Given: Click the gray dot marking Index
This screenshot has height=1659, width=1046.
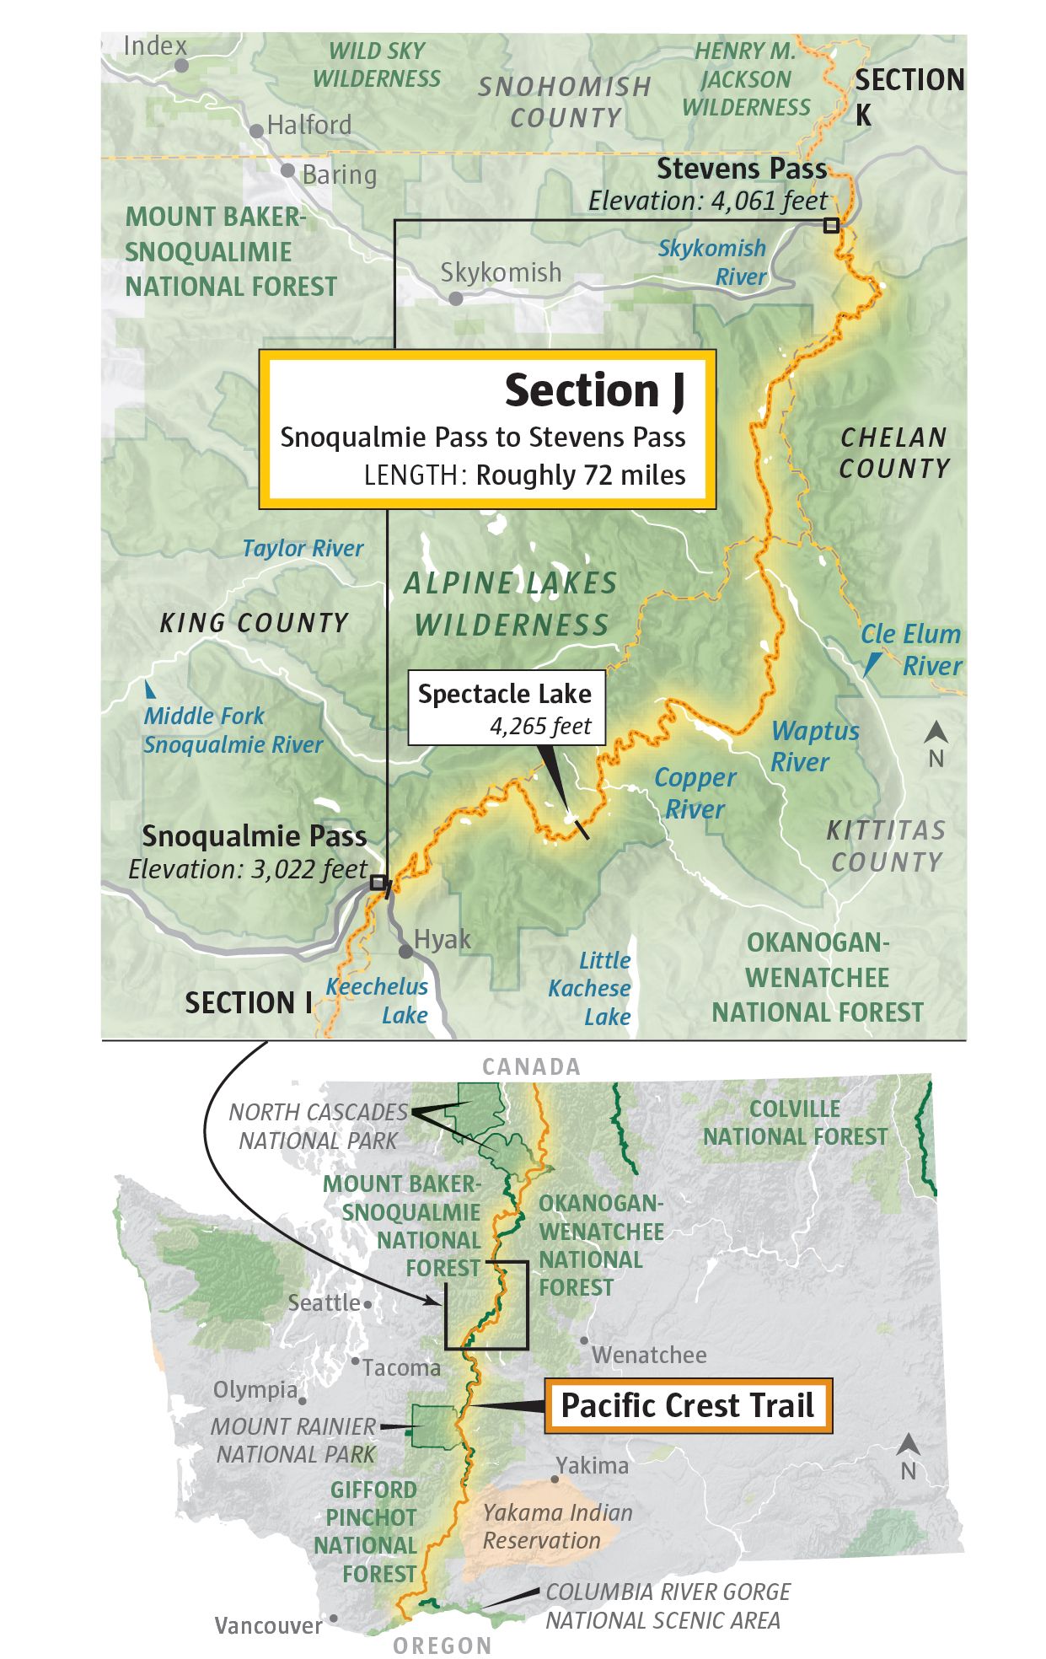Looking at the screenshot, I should coord(181,65).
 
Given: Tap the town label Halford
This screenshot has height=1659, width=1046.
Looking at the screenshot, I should coord(308,126).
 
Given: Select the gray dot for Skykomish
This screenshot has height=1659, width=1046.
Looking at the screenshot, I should coord(455,298).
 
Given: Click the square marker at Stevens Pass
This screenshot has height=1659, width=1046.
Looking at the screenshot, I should coord(831,225).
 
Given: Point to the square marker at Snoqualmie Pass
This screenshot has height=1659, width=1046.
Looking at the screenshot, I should coord(378,883).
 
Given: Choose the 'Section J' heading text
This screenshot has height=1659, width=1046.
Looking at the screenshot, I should coord(594,390).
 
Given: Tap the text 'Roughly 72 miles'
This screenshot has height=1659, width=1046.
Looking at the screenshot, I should coord(581,475).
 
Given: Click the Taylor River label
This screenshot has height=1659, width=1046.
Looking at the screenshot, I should coord(303,549).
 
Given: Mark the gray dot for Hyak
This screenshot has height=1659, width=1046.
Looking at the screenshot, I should coord(406,952).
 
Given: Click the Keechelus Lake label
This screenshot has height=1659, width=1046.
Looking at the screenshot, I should coord(378,1000).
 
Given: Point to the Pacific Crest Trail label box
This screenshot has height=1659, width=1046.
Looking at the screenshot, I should coord(688,1405).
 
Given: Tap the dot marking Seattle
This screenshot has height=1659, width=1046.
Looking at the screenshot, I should coord(367,1304).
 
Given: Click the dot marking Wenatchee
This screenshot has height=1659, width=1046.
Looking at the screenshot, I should coord(584,1340).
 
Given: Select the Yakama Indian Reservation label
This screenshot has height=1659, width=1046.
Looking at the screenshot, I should coord(557,1526).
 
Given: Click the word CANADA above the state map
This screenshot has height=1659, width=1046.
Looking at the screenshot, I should coord(531,1066).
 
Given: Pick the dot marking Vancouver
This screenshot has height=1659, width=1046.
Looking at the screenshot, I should coord(334,1619).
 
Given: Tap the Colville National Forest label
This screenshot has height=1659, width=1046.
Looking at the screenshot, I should coord(795,1123).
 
